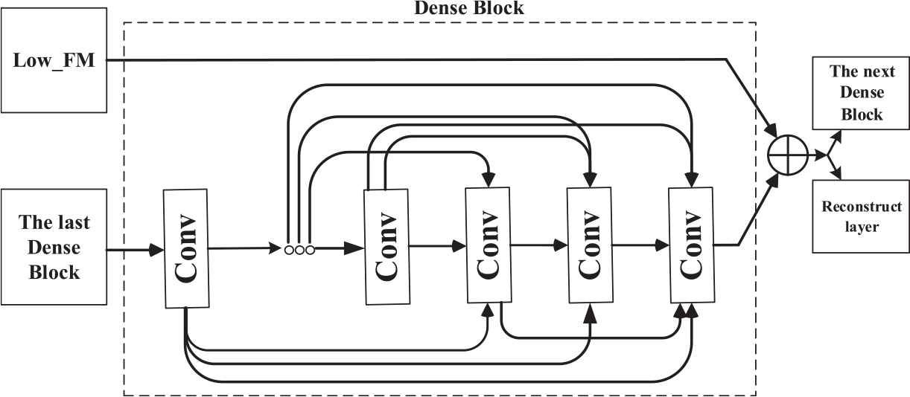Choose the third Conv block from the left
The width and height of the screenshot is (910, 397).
488,245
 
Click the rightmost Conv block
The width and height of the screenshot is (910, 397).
691,245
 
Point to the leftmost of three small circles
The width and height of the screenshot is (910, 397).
289,250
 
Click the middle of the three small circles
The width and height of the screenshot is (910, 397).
299,250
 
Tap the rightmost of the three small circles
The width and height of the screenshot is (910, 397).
310,250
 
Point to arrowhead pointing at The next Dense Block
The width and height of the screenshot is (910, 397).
836,138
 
